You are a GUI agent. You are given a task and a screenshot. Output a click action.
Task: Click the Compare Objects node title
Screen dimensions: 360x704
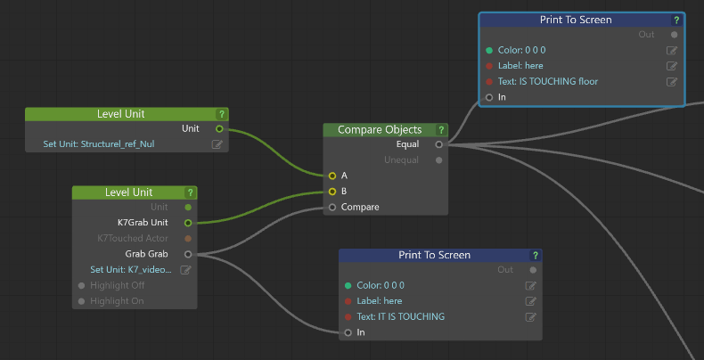coord(379,130)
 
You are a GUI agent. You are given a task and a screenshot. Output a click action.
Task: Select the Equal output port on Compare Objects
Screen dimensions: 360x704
coord(438,144)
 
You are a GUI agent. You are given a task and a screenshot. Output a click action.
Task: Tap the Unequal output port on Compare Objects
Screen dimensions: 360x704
coord(438,160)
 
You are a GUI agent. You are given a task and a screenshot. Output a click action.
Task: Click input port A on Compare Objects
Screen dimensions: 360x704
coord(332,176)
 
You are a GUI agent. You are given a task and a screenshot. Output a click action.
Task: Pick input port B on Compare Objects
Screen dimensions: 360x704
coord(332,191)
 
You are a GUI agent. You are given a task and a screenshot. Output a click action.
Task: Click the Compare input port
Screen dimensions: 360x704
coord(332,207)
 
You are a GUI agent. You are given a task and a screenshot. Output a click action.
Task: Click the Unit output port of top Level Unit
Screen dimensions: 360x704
coord(219,129)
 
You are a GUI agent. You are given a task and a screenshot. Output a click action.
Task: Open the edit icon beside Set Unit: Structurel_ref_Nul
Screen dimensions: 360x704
coord(217,144)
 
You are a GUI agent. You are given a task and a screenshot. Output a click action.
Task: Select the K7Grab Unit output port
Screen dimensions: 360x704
coord(187,223)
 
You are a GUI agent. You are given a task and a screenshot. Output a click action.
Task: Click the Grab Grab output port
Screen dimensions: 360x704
coord(187,254)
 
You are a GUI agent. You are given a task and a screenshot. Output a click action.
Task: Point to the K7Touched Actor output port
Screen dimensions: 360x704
coord(187,239)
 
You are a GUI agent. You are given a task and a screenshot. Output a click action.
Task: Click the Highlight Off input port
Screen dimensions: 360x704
coord(82,285)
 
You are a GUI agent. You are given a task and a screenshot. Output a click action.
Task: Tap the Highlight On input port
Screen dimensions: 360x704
coord(82,301)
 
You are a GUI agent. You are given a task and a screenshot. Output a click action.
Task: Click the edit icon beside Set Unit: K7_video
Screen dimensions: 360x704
coord(186,270)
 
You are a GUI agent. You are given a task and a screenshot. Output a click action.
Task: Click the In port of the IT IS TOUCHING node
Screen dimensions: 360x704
coord(348,332)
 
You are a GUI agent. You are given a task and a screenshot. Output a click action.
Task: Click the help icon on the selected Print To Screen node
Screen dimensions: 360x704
coord(676,20)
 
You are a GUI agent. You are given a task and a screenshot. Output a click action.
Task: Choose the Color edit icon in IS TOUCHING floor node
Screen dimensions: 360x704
coord(672,51)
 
